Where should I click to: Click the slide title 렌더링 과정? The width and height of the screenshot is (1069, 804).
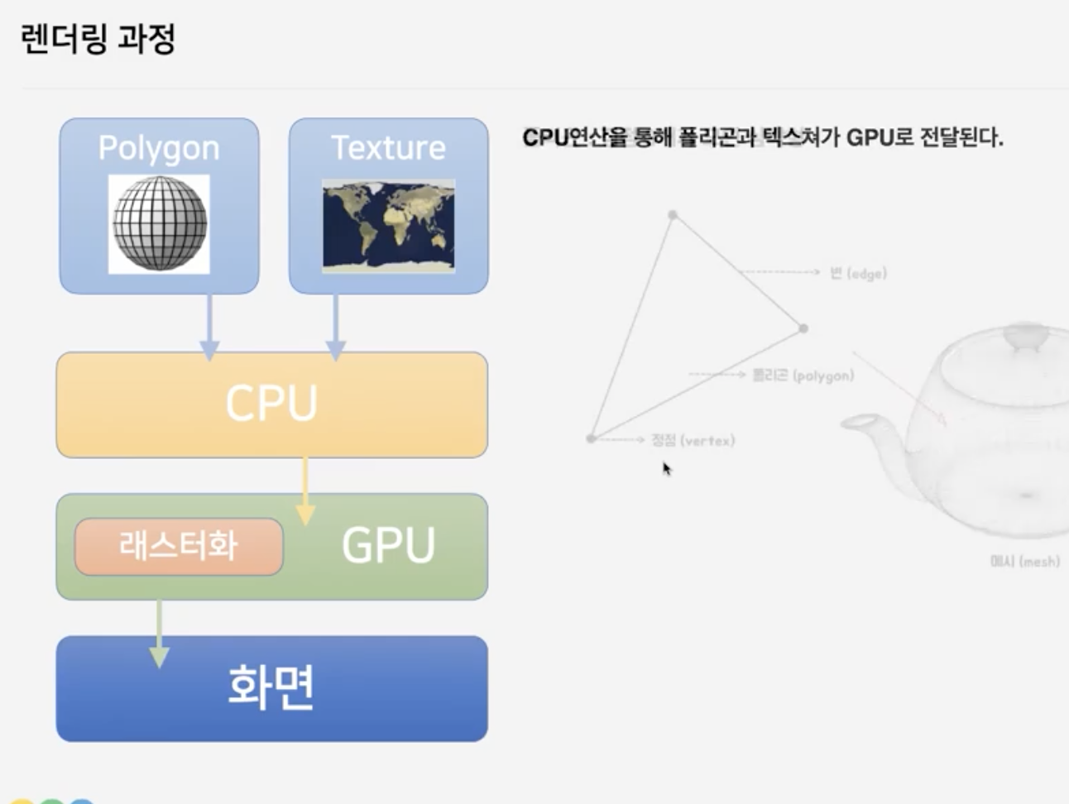[x=98, y=39]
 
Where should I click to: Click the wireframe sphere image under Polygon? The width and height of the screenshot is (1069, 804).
[x=159, y=223]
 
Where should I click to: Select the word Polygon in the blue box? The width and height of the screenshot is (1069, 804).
[x=159, y=148]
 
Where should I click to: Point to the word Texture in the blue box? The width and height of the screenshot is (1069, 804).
[x=388, y=148]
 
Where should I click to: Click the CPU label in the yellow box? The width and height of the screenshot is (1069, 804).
[x=271, y=404]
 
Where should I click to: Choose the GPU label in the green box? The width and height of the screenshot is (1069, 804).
[x=388, y=545]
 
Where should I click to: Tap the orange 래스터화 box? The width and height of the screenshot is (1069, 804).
[x=179, y=546]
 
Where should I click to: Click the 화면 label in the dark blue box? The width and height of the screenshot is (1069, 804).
[x=271, y=687]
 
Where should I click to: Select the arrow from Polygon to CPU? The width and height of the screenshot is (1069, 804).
[x=209, y=327]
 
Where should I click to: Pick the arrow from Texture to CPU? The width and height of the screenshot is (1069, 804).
[x=335, y=327]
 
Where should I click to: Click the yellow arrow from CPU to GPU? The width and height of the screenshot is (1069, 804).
[x=305, y=492]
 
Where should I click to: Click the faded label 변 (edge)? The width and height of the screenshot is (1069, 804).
[x=858, y=273]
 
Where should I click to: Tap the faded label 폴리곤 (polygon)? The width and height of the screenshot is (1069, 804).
[x=803, y=376]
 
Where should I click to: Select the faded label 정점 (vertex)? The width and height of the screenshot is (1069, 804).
[x=693, y=440]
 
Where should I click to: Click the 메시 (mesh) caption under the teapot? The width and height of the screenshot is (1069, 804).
[x=1024, y=561]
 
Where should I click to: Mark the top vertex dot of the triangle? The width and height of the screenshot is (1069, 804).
[x=674, y=215]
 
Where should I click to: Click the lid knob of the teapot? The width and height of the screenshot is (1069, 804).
[x=1026, y=336]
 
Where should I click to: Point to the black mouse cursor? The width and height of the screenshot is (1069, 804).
[x=666, y=469]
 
